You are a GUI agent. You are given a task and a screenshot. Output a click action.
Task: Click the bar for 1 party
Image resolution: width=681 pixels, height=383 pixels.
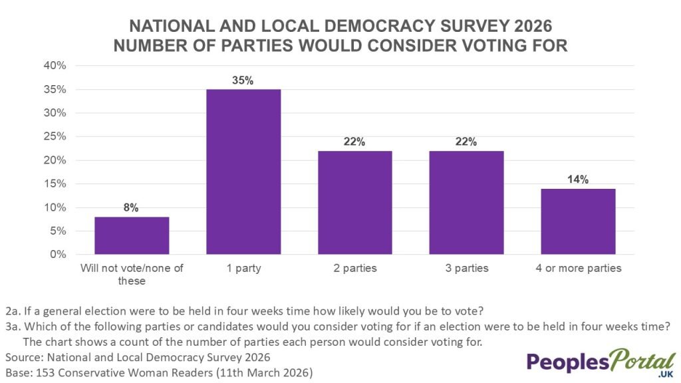(x=243, y=172)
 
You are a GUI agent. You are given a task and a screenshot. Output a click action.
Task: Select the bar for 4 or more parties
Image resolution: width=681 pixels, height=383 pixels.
(x=578, y=221)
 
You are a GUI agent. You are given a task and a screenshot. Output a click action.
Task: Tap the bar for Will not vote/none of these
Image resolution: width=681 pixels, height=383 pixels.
(x=131, y=235)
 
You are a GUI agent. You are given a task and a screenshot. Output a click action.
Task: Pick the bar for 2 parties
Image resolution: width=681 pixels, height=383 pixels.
(x=354, y=202)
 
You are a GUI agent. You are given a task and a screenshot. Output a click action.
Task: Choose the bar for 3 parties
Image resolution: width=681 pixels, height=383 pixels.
(x=466, y=202)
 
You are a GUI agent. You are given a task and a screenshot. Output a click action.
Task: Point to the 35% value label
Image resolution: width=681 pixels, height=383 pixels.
(x=243, y=80)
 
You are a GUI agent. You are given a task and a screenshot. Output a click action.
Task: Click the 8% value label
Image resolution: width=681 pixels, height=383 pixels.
(x=131, y=207)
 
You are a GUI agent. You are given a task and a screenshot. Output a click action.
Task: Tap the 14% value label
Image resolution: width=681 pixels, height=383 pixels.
(x=578, y=180)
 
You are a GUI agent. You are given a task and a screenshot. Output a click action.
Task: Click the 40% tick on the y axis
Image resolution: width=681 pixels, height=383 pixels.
(x=55, y=66)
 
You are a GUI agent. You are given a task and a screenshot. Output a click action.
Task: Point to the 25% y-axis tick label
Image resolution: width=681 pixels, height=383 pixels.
(x=55, y=136)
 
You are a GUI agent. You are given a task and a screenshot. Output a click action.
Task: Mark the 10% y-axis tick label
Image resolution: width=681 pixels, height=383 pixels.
(x=55, y=207)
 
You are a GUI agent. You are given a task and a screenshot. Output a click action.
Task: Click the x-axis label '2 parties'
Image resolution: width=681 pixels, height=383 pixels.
(x=354, y=269)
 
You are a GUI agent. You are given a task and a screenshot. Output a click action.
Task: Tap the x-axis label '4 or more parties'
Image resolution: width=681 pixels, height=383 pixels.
(x=578, y=269)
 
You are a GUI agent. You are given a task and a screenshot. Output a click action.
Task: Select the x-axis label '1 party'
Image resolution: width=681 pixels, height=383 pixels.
(x=243, y=269)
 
